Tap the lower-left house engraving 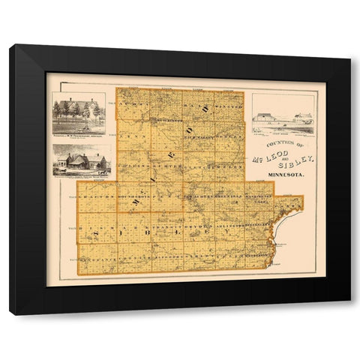pyautogui.click(x=82, y=161)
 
